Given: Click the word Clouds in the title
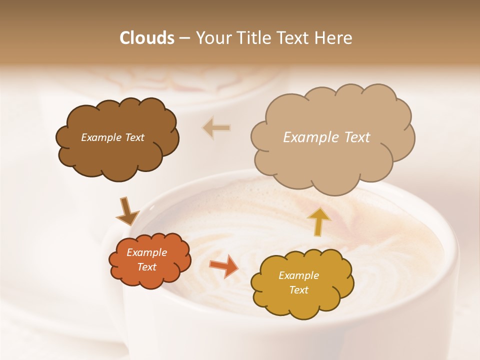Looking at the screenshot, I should pyautogui.click(x=146, y=38).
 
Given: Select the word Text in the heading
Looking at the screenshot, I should pyautogui.click(x=295, y=38).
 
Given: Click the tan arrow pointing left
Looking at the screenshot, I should pyautogui.click(x=216, y=128).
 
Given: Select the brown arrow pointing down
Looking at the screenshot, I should pyautogui.click(x=127, y=212).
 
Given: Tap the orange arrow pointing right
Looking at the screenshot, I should pyautogui.click(x=224, y=266).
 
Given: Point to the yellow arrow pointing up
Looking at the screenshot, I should pyautogui.click(x=318, y=221).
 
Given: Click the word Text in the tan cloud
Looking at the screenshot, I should pyautogui.click(x=357, y=137).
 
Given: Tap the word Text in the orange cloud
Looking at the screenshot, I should pyautogui.click(x=146, y=267).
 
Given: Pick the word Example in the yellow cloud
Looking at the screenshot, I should pyautogui.click(x=298, y=275).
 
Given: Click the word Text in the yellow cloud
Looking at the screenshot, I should pyautogui.click(x=298, y=290).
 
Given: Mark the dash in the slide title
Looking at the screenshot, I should pyautogui.click(x=184, y=38).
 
